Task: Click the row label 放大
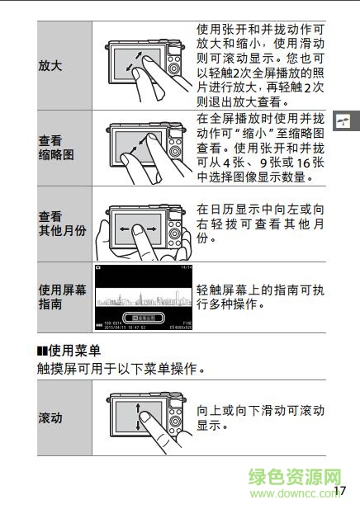[x=50, y=65]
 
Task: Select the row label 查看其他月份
[x=62, y=224]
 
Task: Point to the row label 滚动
[x=50, y=417]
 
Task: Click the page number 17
[x=339, y=490]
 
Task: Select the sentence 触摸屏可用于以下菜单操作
[x=120, y=369]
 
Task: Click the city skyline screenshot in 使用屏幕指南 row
[x=144, y=297]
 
